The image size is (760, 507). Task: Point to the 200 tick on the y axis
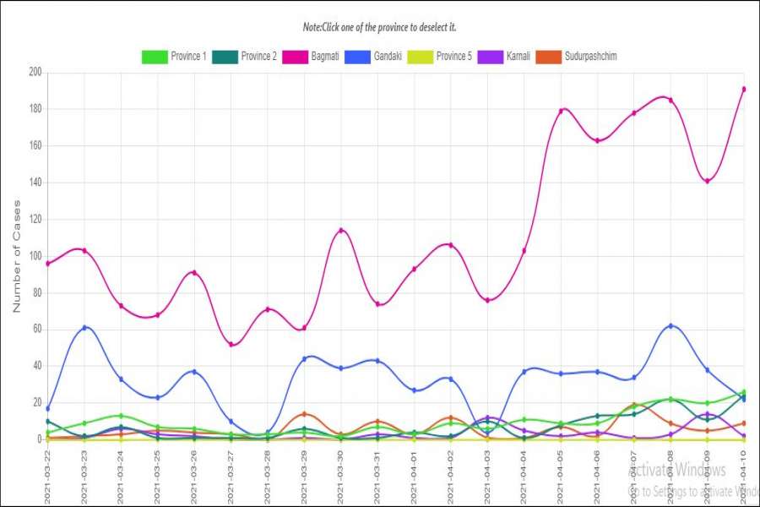35,72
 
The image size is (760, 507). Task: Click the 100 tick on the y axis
35,256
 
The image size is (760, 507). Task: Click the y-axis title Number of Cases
16,256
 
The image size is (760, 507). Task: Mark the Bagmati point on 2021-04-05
561,111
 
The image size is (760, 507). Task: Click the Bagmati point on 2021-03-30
340,230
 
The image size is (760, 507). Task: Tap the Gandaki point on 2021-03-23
84,327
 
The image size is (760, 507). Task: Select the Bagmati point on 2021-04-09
707,181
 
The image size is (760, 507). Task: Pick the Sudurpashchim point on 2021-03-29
304,414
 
